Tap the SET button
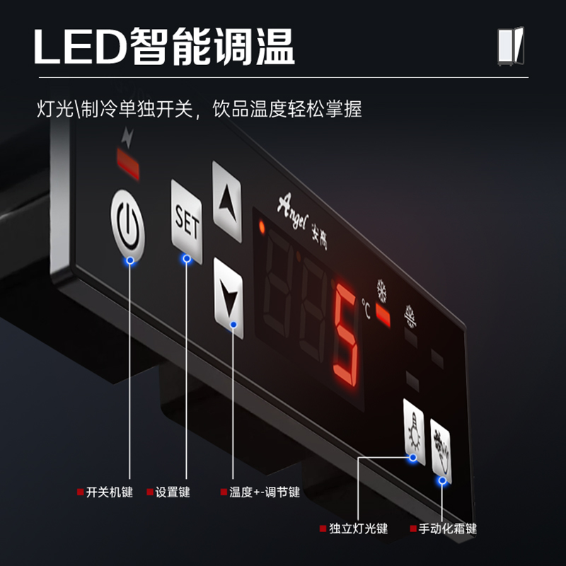click(x=186, y=221)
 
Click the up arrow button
click(x=227, y=202)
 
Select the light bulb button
click(x=414, y=432)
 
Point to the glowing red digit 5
click(x=346, y=334)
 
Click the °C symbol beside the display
click(x=366, y=308)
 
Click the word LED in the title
click(x=80, y=47)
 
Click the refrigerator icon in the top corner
click(x=510, y=46)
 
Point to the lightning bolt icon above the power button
click(x=128, y=137)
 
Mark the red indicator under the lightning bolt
click(x=128, y=164)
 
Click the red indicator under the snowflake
click(x=383, y=315)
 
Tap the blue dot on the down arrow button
click(x=233, y=325)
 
